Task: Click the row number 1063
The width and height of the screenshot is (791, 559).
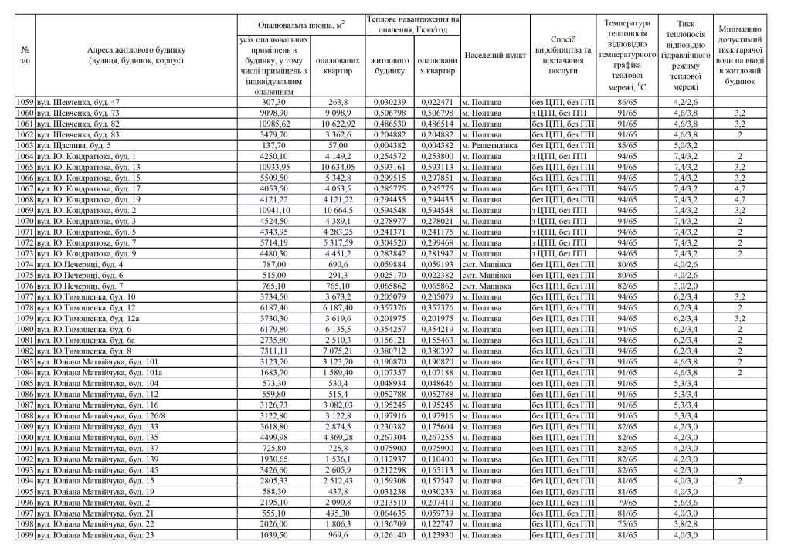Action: tap(25, 144)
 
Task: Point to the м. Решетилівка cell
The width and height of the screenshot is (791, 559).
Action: tap(494, 144)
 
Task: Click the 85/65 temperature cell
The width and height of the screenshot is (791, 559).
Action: tap(628, 144)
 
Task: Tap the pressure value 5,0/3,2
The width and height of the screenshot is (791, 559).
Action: tap(687, 144)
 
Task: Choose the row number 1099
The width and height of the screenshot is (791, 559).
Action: tap(25, 535)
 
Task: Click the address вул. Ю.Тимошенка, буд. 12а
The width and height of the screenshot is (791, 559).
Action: tap(91, 318)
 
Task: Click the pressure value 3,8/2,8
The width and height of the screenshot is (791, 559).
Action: tap(687, 524)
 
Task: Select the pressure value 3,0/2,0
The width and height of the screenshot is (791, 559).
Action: tap(687, 286)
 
